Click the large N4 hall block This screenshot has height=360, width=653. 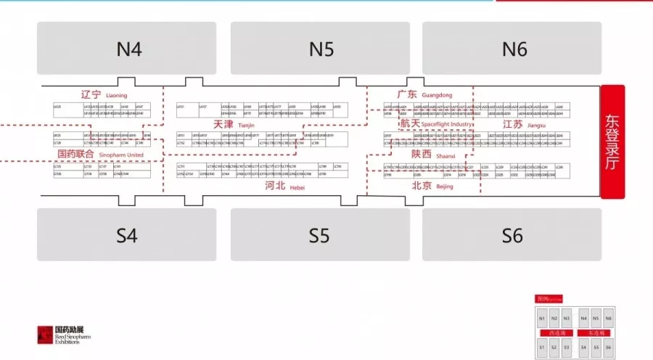pyautogui.click(x=127, y=48)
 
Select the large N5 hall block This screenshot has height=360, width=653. pyautogui.click(x=321, y=48)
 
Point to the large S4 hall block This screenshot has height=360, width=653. pyautogui.click(x=127, y=235)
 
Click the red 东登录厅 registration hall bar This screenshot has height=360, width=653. pyautogui.click(x=612, y=142)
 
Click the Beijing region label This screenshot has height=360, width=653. pyautogui.click(x=432, y=187)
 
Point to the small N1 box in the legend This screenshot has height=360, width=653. pyautogui.click(x=542, y=319)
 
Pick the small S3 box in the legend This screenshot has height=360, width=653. pyautogui.click(x=566, y=348)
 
